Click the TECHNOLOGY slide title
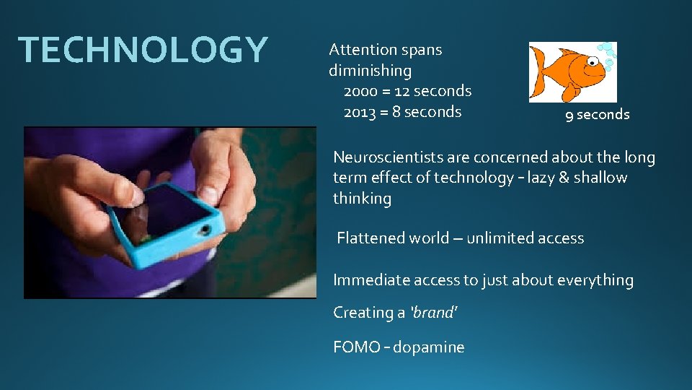pos(143,50)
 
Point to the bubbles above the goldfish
pos(608,56)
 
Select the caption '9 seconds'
pos(597,115)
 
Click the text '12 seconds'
pos(436,92)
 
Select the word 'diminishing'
pos(370,71)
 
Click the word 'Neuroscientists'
pos(389,157)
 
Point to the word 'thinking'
pos(362,199)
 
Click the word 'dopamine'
pos(430,347)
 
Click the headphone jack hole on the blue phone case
pos(206,230)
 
